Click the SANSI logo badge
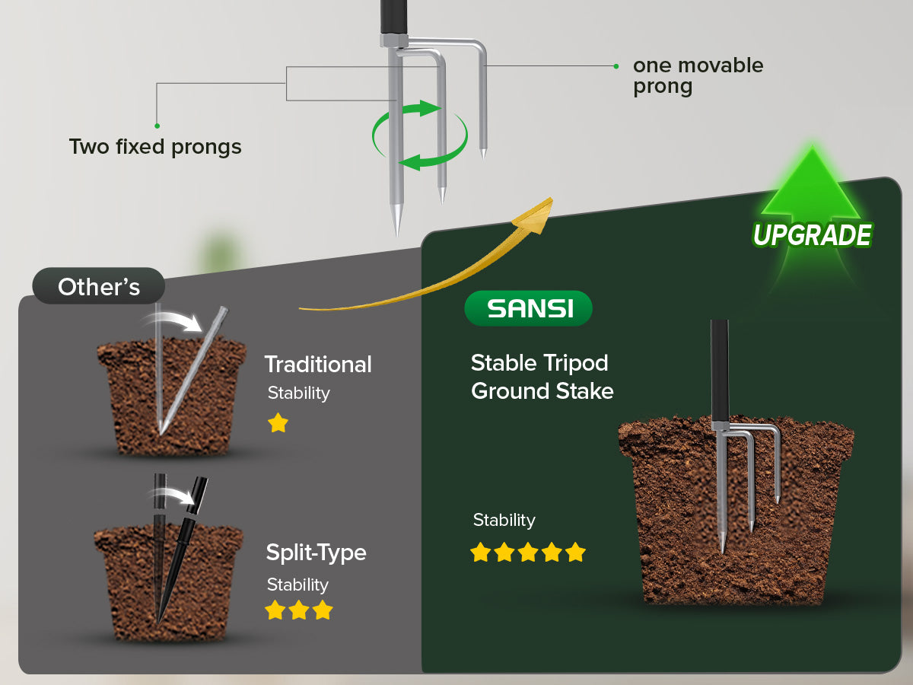coord(529,308)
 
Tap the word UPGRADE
coord(812,235)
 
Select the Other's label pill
coord(99,287)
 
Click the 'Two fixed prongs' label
coord(155,146)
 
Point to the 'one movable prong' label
coord(698,75)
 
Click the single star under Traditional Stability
coord(278,423)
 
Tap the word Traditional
coord(318,365)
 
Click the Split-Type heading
coord(316,553)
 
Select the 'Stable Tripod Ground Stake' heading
coord(542,377)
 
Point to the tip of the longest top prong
coord(396,228)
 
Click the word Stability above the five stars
coord(504,521)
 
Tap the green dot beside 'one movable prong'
coord(616,66)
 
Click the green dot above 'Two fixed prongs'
coord(157,126)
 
